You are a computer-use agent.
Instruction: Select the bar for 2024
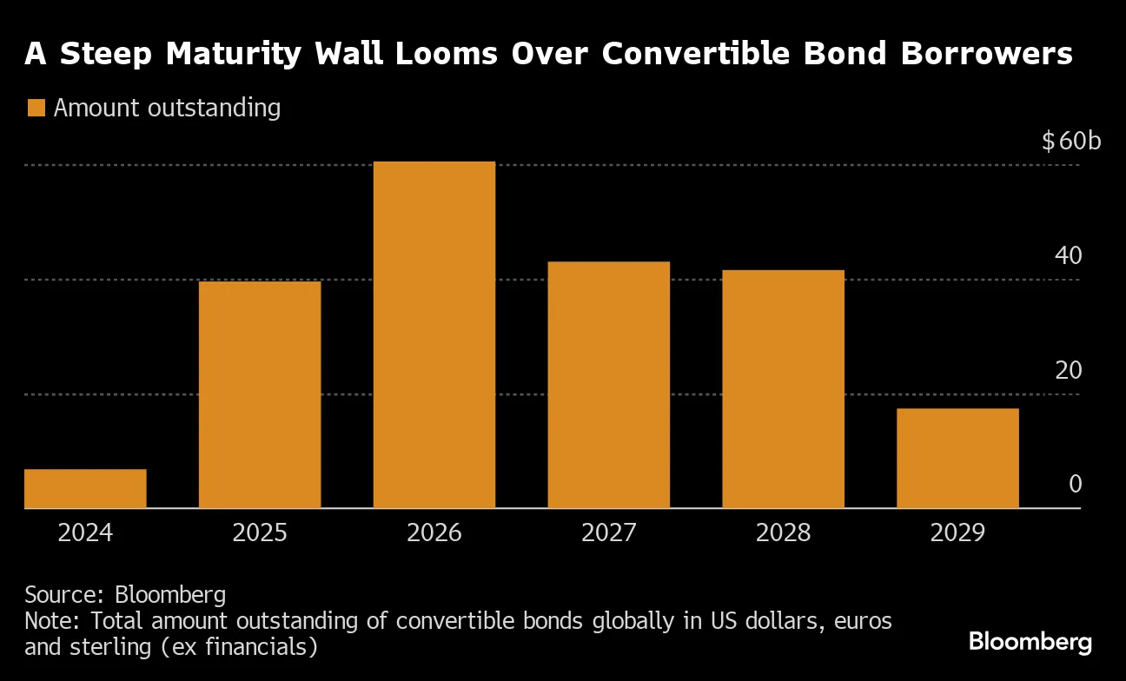click(85, 488)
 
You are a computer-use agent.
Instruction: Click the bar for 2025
click(260, 394)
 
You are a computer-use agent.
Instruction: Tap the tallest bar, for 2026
click(434, 334)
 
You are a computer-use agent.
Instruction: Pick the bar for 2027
click(608, 385)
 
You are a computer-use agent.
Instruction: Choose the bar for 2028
click(783, 389)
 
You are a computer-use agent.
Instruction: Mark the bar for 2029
click(957, 458)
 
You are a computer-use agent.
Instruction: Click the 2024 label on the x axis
click(85, 532)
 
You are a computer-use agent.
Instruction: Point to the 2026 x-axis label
click(434, 532)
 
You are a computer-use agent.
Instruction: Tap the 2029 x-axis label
click(957, 532)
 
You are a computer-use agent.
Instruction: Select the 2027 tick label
click(608, 532)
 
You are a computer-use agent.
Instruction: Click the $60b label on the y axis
click(1070, 141)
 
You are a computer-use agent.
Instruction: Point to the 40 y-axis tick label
click(1068, 255)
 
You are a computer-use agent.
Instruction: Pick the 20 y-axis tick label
click(1068, 370)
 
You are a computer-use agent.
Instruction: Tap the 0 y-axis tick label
click(1075, 485)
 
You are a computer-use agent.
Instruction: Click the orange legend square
click(36, 109)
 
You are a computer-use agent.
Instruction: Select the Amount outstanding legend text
click(167, 109)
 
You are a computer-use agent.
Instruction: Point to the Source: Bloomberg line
click(125, 595)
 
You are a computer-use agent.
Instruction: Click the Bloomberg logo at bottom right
click(1030, 643)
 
